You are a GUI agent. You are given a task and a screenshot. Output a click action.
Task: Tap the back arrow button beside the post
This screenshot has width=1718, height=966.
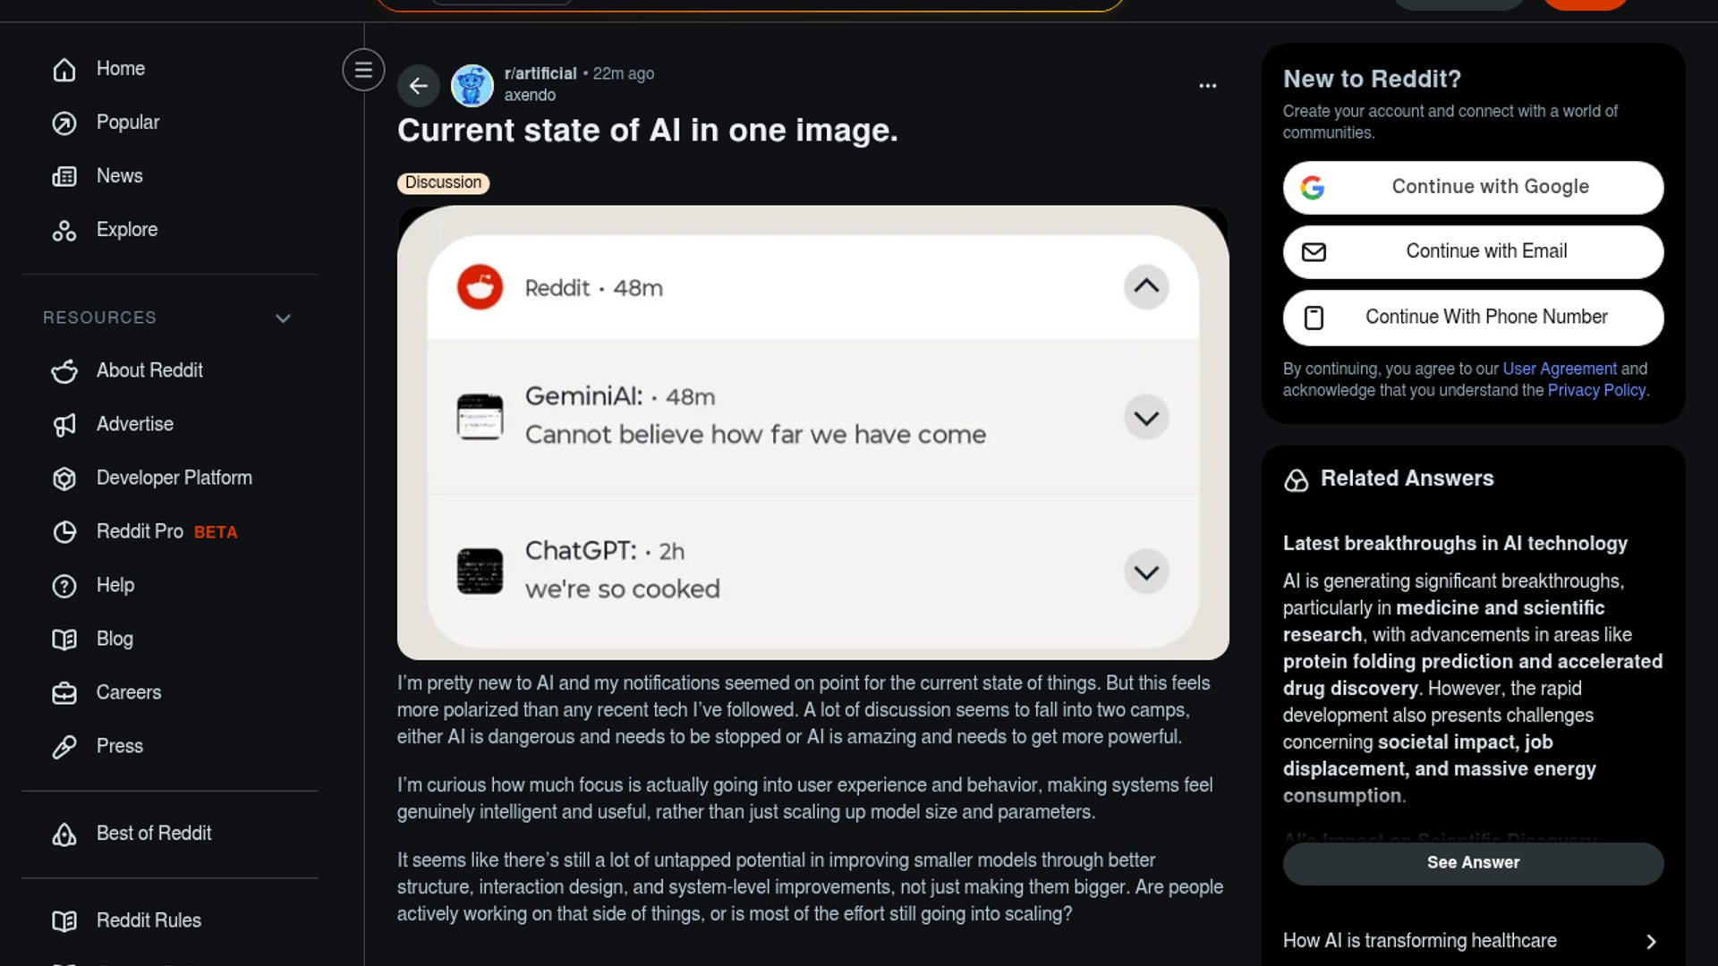(418, 86)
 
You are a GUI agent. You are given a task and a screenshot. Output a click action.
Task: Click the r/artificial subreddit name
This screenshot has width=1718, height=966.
(540, 73)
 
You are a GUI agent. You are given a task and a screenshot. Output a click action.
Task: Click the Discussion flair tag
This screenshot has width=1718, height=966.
(443, 182)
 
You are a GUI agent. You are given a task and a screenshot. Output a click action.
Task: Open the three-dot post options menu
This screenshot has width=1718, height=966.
(1207, 86)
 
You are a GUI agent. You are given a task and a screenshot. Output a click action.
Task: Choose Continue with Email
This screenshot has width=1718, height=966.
(1473, 252)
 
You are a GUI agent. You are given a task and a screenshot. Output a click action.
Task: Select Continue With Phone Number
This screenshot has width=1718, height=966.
(1473, 318)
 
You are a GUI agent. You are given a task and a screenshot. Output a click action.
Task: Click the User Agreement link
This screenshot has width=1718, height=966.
(1560, 369)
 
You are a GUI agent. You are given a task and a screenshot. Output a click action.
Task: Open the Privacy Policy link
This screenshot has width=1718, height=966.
(1596, 390)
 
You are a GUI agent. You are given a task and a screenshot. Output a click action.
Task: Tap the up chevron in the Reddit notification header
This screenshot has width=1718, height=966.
(1146, 287)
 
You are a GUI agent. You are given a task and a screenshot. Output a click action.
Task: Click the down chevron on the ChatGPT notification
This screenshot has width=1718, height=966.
(1146, 572)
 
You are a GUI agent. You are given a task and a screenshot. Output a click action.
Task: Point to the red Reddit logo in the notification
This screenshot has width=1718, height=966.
(480, 287)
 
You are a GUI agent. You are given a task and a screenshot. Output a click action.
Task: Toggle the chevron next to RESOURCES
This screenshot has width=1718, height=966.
(283, 318)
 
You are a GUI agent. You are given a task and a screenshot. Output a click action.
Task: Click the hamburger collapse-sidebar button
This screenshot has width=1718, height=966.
(363, 70)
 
